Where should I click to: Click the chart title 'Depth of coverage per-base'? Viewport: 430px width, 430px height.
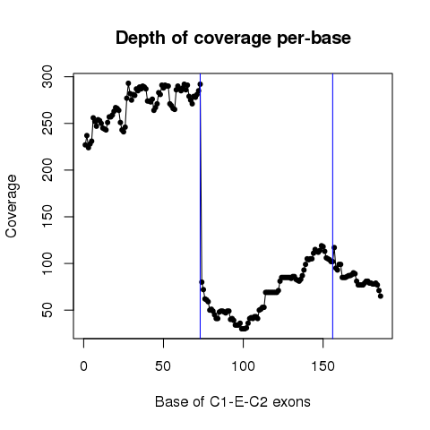coord(233,39)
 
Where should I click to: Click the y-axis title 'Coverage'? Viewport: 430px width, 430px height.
coord(11,206)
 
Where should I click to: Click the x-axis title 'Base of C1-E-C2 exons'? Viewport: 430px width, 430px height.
coord(233,401)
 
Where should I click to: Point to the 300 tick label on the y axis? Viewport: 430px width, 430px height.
coord(47,77)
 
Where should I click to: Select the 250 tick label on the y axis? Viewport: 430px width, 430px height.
coord(47,124)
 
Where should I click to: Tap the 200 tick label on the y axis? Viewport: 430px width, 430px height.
coord(47,170)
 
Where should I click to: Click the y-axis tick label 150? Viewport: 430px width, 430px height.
coord(47,217)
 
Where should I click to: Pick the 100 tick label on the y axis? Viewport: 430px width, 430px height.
coord(47,263)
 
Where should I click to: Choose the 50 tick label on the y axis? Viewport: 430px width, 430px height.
coord(47,310)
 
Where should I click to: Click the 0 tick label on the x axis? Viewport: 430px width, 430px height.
coord(84,366)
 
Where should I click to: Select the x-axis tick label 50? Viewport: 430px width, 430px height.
coord(163,366)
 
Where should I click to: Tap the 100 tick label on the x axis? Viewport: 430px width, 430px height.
coord(244,366)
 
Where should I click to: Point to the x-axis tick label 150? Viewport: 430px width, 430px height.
coord(323,366)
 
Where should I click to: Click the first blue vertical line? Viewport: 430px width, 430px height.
coord(200,206)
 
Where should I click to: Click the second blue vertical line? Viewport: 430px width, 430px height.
coord(332,206)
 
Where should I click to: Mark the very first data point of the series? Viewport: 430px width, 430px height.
coord(85,145)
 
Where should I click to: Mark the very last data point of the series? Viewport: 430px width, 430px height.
coord(381,296)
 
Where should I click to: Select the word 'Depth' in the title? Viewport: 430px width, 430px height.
coord(141,39)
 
